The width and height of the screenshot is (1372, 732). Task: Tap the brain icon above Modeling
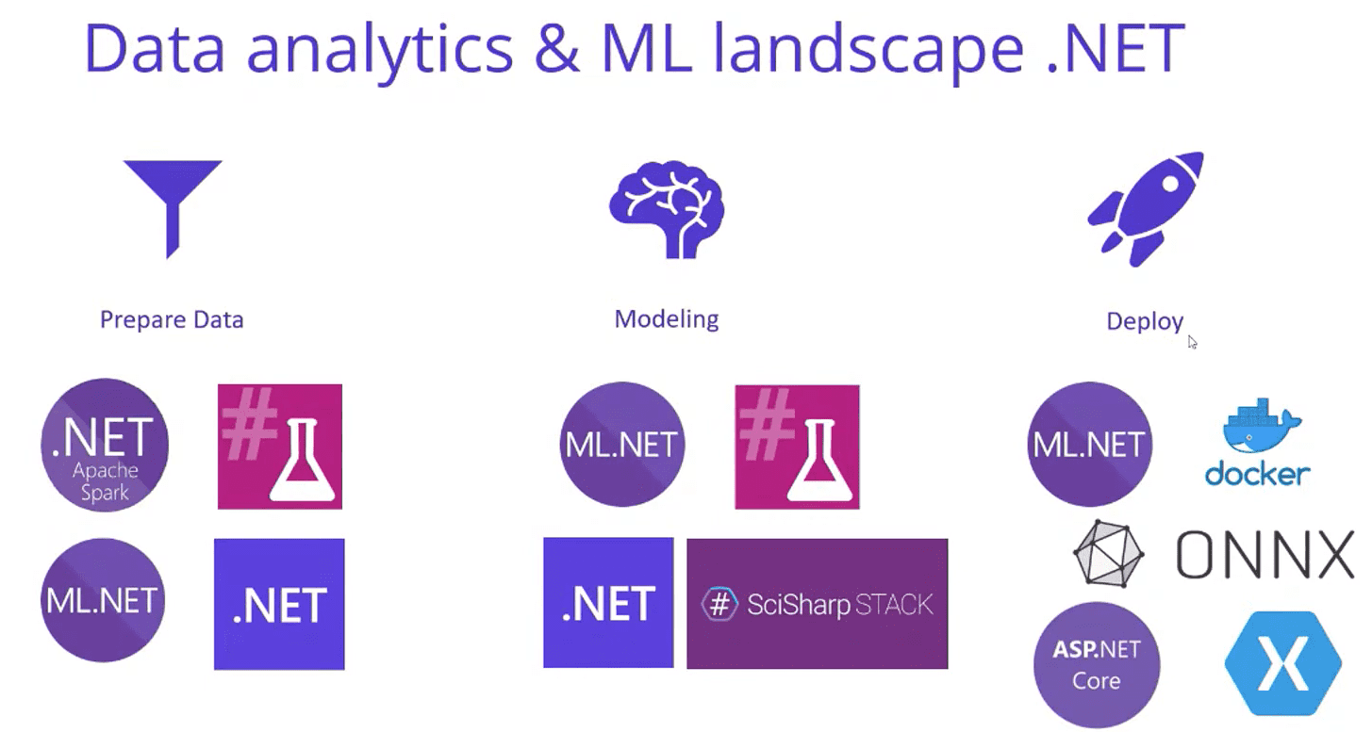[667, 209]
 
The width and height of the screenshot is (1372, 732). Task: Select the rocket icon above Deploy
[1146, 209]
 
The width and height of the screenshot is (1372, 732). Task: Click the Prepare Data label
[172, 319]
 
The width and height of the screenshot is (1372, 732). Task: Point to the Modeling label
[667, 318]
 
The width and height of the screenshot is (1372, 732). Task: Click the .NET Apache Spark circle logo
[105, 445]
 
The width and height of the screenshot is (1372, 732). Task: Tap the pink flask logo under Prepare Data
[280, 447]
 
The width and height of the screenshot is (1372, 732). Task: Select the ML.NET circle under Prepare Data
[103, 600]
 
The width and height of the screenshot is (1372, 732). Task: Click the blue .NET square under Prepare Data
[279, 604]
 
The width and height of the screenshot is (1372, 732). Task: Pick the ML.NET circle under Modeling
[622, 445]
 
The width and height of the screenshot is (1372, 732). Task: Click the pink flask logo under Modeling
[798, 447]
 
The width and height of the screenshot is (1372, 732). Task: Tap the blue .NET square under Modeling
[608, 603]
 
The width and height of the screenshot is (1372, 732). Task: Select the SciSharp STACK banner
[818, 604]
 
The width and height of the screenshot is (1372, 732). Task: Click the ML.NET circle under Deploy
[1090, 445]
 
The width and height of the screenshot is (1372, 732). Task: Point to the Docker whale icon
[1262, 426]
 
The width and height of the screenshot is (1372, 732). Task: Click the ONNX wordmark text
[1265, 555]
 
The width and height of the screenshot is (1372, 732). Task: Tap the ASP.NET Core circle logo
[1097, 665]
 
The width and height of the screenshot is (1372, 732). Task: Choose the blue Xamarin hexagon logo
[1283, 663]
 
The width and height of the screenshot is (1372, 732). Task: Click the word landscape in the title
[868, 49]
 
